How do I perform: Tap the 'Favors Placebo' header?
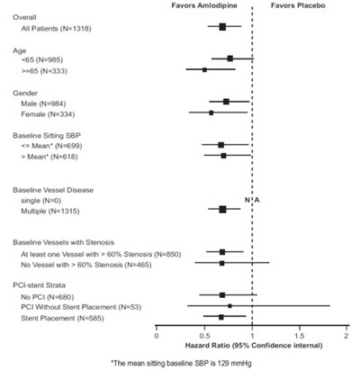299,5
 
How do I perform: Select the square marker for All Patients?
222,27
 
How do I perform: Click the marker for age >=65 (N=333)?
204,69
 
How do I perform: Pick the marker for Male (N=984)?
226,102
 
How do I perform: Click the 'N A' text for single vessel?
252,199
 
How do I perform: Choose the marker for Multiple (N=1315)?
222,210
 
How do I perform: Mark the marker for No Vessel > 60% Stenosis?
222,263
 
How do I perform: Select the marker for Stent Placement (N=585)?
221,317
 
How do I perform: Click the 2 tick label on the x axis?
346,337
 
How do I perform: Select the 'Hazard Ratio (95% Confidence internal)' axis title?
252,346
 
